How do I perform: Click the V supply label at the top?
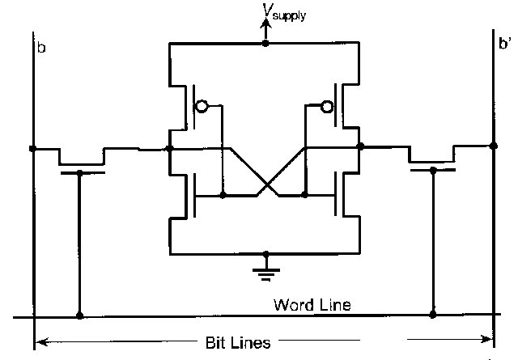(x=282, y=14)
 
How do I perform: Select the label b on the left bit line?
(x=41, y=49)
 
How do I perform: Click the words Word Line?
(x=311, y=305)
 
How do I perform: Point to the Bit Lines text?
(x=239, y=343)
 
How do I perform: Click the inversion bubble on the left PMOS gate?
(x=202, y=107)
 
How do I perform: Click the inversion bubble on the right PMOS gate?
(x=327, y=107)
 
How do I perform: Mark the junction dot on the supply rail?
(x=265, y=43)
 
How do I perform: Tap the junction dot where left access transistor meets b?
(x=33, y=149)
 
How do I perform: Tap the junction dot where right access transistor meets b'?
(x=494, y=146)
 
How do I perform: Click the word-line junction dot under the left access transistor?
(x=79, y=316)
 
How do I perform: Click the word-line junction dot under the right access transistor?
(x=434, y=314)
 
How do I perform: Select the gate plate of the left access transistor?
(x=83, y=171)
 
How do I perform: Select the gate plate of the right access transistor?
(x=432, y=170)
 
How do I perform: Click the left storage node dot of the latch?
(x=169, y=149)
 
